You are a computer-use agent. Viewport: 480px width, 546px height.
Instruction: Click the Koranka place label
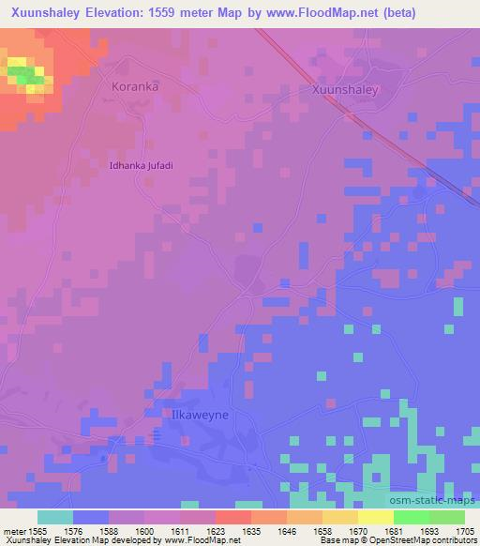click(135, 85)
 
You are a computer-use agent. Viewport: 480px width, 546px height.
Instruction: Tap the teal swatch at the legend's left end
click(54, 517)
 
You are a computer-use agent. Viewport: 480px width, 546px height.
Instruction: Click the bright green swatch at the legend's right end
click(446, 517)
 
